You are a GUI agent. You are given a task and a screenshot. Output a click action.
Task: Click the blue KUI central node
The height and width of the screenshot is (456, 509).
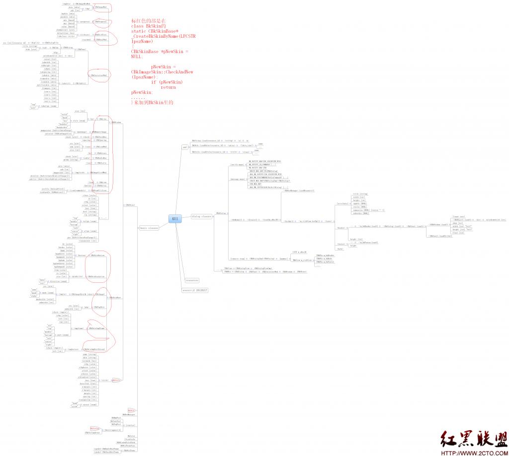pyautogui.click(x=175, y=219)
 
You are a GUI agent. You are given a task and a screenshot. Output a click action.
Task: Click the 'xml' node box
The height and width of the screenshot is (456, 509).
pyautogui.click(x=185, y=147)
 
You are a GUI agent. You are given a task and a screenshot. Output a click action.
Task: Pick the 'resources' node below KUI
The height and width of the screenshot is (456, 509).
pyautogui.click(x=192, y=280)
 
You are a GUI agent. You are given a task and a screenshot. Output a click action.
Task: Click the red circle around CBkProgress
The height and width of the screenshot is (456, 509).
pyautogui.click(x=101, y=22)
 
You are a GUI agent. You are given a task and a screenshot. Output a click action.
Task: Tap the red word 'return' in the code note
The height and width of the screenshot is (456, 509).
pyautogui.click(x=168, y=87)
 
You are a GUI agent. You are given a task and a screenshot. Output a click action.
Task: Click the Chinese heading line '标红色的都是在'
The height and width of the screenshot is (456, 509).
pyautogui.click(x=149, y=21)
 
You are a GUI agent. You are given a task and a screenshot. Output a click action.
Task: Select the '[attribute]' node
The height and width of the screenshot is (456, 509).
pyautogui.click(x=342, y=203)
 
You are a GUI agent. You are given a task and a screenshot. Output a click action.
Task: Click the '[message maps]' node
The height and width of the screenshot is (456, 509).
pyautogui.click(x=238, y=179)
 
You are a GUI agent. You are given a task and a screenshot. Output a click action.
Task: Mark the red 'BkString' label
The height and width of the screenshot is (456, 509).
pyautogui.click(x=94, y=428)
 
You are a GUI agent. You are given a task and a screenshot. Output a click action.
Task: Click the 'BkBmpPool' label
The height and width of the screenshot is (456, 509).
pyautogui.click(x=116, y=418)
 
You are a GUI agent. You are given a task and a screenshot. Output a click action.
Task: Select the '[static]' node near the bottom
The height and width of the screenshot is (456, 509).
pyautogui.click(x=130, y=425)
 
